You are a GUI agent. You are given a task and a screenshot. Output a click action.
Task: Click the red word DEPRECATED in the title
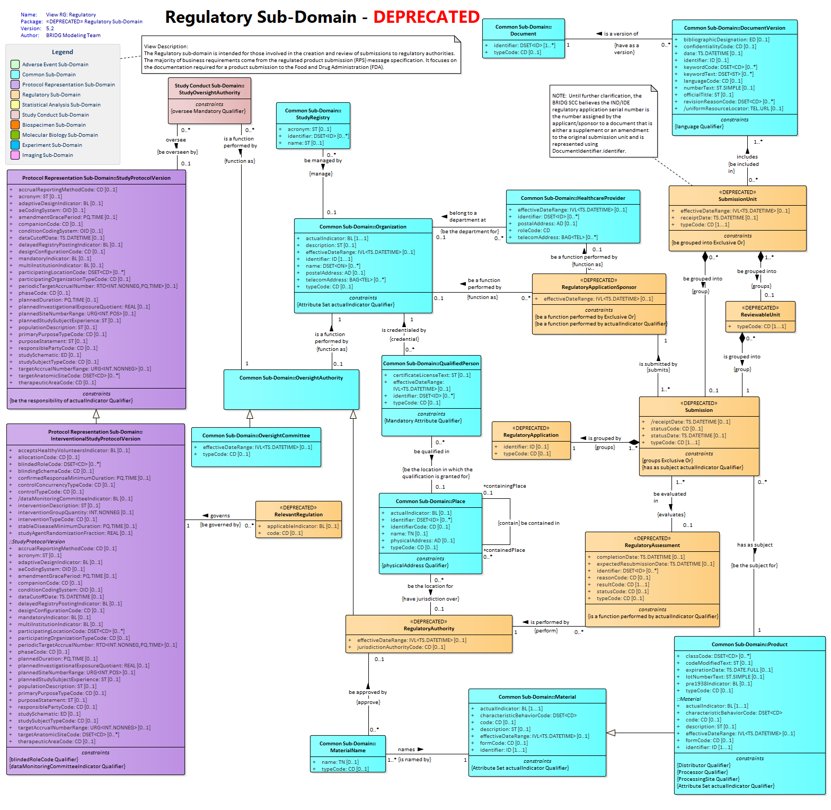(426, 17)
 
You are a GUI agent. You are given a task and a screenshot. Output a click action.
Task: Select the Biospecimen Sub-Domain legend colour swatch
(15, 125)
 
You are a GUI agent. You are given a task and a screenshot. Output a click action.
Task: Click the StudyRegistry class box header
(313, 114)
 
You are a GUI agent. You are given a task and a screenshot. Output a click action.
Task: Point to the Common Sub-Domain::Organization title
(363, 227)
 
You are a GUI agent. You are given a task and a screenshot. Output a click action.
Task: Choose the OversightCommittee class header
(256, 436)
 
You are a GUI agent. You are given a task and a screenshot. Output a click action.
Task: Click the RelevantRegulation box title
(298, 511)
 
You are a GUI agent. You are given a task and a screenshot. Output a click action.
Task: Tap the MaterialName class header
(348, 747)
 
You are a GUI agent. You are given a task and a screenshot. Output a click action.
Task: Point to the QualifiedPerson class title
(431, 364)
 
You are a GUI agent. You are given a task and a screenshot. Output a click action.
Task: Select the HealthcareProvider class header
(573, 198)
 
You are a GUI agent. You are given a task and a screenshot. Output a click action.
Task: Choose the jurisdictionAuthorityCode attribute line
(401, 647)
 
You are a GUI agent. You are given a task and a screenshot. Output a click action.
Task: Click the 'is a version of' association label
(621, 34)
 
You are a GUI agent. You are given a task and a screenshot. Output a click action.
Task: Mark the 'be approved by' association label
(368, 692)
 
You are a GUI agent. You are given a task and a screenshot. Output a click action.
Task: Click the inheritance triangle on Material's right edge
(611, 733)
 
